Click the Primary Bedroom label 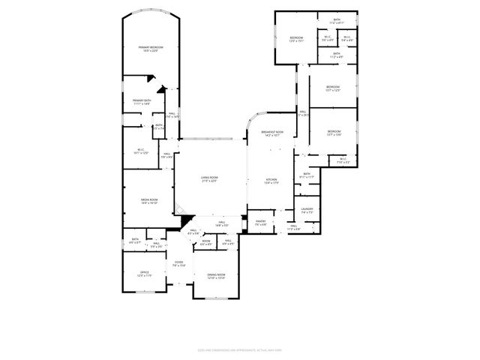151,48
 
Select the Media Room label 148,200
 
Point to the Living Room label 208,178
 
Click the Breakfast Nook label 271,133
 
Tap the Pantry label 261,222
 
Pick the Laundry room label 306,209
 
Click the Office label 145,273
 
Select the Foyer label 178,263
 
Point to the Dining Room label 216,276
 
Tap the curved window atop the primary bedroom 151,13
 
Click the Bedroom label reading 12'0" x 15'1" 296,39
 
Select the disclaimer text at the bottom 239,349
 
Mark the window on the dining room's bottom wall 216,298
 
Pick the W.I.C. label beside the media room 141,151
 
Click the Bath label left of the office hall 135,242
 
